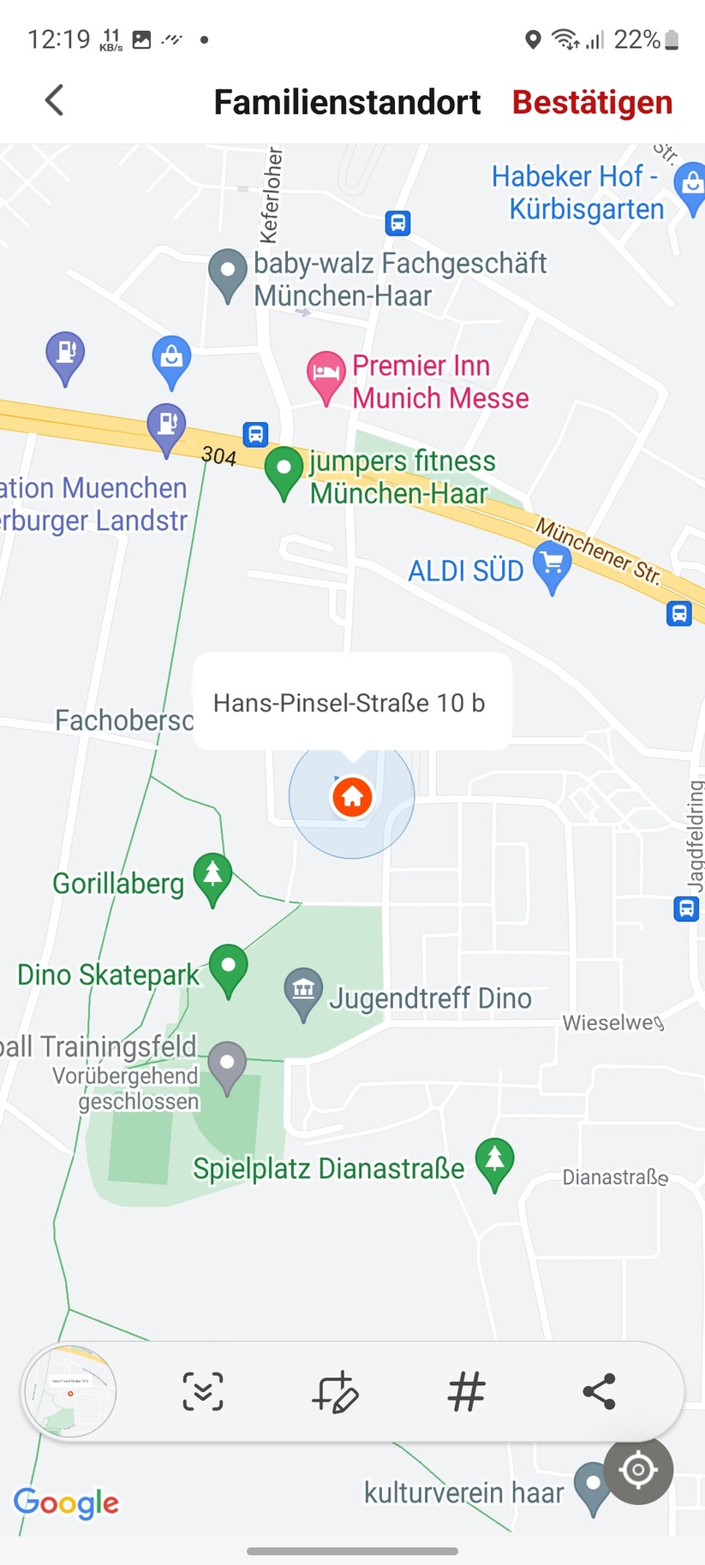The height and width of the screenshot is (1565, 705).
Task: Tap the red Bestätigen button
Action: pos(592,102)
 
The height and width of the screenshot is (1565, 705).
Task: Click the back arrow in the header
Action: pos(54,100)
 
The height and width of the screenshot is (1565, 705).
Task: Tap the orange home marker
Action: pos(352,797)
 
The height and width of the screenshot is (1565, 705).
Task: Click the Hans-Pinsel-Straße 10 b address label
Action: pos(349,703)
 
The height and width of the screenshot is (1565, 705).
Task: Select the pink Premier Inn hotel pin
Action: pos(325,375)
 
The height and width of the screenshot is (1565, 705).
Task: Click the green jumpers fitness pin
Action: pos(284,470)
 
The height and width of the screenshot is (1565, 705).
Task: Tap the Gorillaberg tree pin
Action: pos(212,877)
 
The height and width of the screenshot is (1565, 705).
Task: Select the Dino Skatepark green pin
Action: pos(228,967)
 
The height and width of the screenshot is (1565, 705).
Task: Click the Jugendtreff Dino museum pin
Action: pos(303,992)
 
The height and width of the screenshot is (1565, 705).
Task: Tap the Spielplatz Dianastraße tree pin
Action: pos(494,1161)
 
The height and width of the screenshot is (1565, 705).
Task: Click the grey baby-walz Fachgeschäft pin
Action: pos(228,272)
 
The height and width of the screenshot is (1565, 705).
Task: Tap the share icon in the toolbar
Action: pos(599,1391)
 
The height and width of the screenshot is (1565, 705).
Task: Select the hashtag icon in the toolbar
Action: pos(467,1391)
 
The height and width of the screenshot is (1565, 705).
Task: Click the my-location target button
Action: pos(638,1470)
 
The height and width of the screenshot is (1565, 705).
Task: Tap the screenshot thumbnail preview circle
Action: pos(69,1391)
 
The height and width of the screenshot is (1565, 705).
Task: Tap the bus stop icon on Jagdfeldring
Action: pos(685,908)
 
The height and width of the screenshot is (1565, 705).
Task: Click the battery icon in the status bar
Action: pos(672,39)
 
